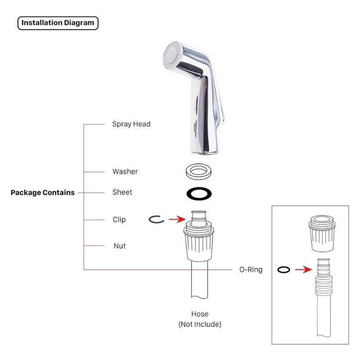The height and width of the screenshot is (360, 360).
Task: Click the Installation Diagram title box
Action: (58, 22)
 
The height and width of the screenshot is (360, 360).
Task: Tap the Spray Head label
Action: (131, 124)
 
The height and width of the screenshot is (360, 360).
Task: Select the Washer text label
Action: (125, 171)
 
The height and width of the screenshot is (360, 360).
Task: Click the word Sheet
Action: (122, 192)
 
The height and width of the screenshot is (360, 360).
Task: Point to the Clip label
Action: (119, 220)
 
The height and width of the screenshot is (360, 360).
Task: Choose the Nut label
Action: (119, 246)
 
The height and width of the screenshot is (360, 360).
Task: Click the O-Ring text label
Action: (251, 270)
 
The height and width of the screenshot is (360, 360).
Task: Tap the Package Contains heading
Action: (43, 193)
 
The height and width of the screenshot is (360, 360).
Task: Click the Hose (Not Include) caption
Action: (200, 319)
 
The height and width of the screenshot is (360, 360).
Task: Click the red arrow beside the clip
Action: (176, 219)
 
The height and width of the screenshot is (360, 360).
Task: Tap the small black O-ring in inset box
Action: (283, 270)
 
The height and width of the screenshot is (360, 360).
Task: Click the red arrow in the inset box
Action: (303, 270)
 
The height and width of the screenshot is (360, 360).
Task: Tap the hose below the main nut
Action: (200, 283)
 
